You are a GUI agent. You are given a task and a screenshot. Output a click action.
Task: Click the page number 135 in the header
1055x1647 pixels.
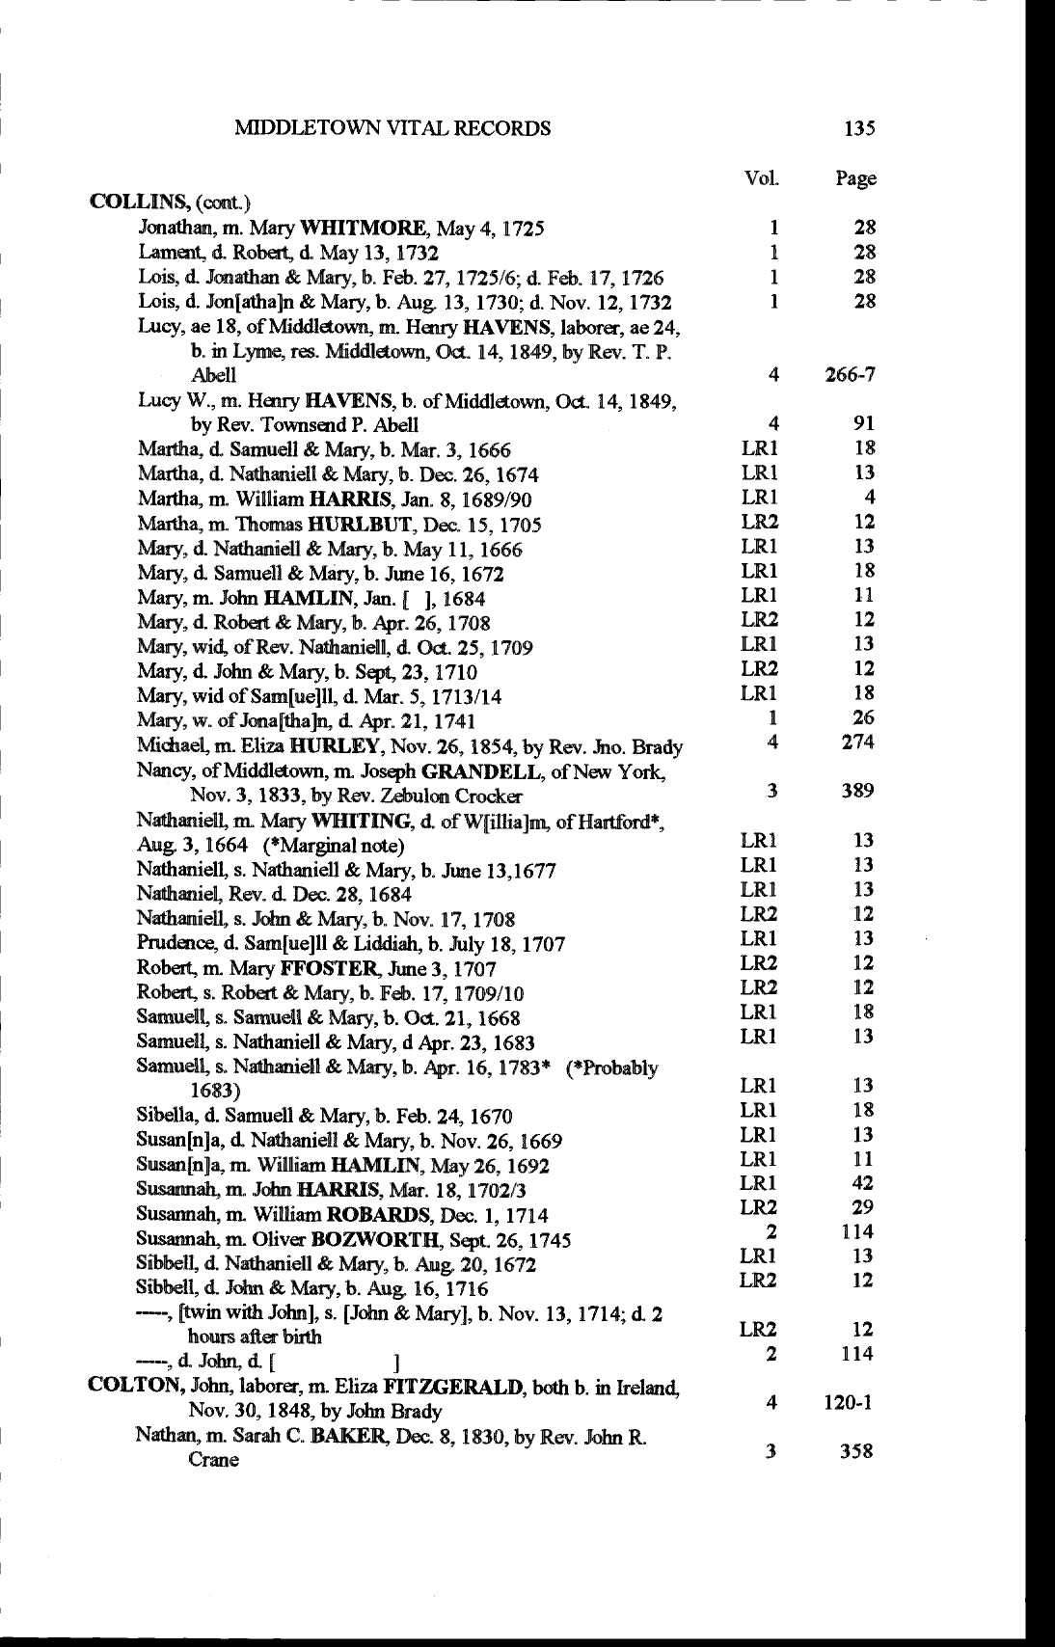858,128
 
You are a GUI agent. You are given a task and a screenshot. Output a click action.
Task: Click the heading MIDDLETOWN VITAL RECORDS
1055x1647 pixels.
392,128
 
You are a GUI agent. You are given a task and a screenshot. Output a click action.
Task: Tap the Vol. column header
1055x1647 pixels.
761,178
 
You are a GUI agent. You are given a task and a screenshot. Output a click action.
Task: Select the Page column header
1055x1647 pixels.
855,178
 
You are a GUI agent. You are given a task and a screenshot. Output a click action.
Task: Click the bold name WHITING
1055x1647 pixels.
365,821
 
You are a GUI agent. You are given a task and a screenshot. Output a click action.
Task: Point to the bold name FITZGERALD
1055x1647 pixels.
453,1387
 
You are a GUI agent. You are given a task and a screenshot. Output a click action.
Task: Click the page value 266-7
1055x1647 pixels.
850,374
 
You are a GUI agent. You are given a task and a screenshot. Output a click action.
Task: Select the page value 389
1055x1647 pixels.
856,791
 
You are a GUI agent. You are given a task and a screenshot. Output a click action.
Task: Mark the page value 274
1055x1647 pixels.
857,742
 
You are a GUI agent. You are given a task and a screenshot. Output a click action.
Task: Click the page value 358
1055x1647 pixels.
855,1450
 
